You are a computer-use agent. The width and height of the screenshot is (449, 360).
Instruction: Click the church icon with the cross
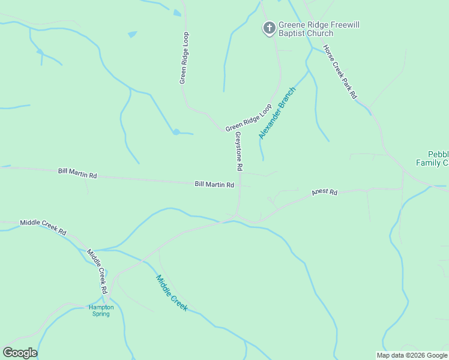coord(269,28)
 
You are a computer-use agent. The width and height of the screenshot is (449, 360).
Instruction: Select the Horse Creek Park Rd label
coord(340,72)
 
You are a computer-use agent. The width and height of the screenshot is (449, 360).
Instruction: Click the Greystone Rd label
coord(238,151)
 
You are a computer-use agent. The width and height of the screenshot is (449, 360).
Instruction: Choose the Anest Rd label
coord(325,193)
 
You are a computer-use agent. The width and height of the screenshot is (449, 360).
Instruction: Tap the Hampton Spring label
coord(101,310)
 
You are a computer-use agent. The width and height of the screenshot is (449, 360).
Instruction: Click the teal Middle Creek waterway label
coord(172,292)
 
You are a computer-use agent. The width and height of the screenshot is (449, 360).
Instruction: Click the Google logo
coord(20,353)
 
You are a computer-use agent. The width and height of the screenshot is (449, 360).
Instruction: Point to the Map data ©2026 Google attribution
coord(412,355)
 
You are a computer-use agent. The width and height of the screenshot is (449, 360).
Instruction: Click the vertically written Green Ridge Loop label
coord(184,58)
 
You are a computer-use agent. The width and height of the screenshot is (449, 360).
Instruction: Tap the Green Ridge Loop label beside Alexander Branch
coord(249,119)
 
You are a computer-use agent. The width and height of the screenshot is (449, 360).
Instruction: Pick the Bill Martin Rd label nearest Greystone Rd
coord(214,184)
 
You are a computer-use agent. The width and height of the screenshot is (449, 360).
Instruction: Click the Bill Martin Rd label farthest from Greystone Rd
coord(77,173)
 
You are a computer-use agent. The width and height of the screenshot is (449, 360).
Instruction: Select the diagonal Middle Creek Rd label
coord(97,271)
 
